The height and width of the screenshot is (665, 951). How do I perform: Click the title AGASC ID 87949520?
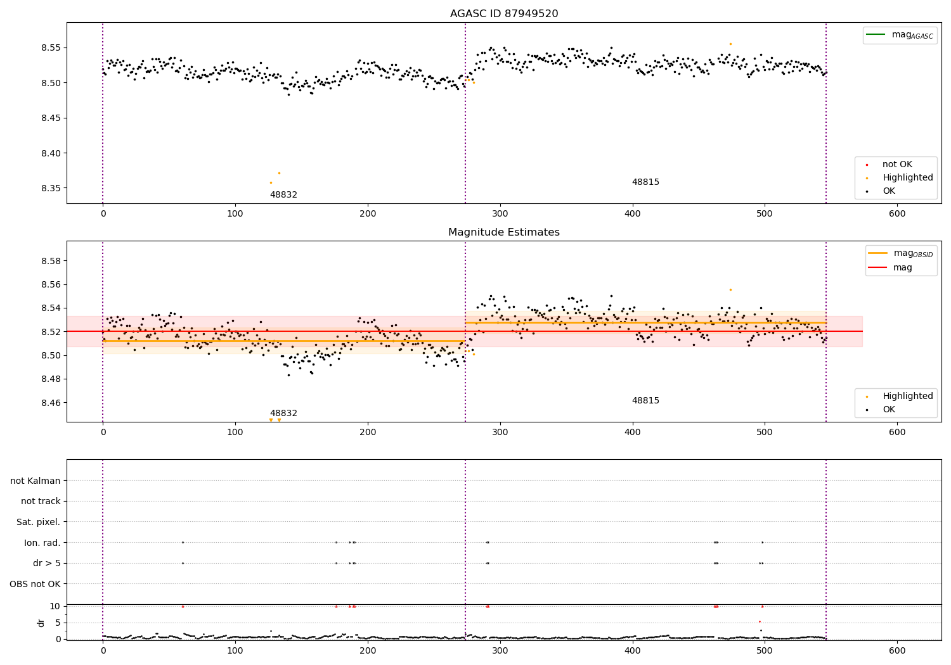coord(504,14)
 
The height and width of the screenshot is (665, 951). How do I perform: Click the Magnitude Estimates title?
coord(504,232)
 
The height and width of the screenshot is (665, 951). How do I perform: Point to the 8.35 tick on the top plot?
coord(51,188)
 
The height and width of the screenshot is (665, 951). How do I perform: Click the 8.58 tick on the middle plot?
coord(51,261)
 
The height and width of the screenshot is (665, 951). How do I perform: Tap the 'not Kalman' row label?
coord(36,481)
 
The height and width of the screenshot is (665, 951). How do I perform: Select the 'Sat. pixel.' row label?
coord(39,522)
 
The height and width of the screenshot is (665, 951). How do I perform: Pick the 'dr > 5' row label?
coord(47,563)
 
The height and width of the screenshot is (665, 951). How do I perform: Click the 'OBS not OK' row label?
coord(36,584)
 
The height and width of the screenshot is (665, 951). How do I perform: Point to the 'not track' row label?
coord(41,501)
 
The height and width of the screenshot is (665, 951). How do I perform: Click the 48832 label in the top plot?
coord(283,195)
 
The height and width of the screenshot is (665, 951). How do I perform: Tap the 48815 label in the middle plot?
coord(645,401)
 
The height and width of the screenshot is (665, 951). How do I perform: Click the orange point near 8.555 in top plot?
coord(730,44)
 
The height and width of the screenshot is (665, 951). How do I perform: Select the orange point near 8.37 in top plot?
coord(279,173)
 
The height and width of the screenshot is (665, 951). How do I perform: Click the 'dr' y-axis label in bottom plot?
coord(41,623)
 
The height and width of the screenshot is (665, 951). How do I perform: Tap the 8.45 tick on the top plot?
coord(51,118)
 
